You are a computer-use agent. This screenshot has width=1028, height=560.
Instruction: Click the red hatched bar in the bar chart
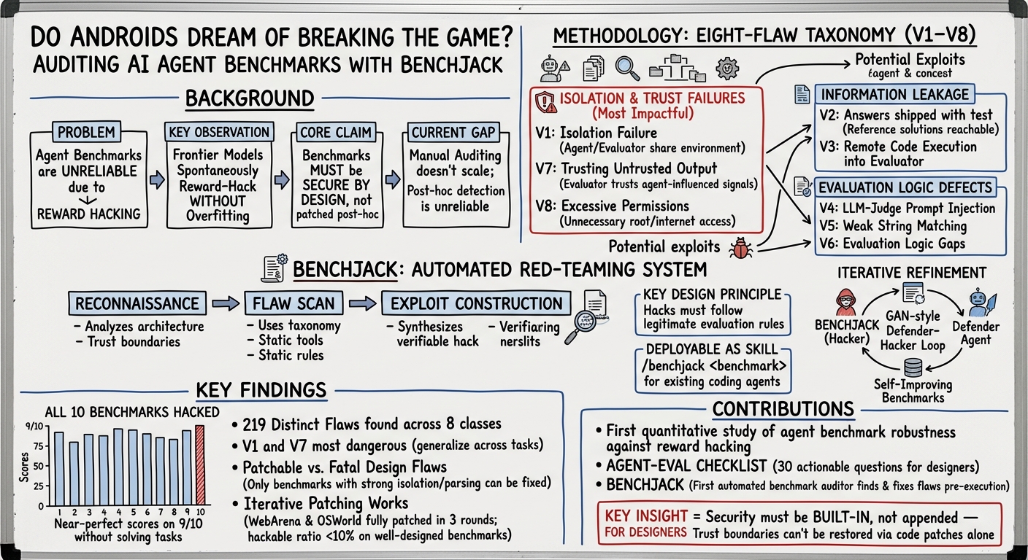[200, 464]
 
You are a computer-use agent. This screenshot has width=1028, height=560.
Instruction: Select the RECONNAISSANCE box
[137, 303]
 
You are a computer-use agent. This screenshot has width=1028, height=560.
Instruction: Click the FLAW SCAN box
[294, 303]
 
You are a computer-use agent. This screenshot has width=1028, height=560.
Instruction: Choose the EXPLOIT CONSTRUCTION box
[476, 303]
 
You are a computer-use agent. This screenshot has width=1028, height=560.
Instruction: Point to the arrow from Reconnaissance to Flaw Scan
[226, 303]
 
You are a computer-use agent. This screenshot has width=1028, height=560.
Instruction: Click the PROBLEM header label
[86, 132]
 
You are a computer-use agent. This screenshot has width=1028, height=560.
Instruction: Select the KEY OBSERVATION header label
[219, 132]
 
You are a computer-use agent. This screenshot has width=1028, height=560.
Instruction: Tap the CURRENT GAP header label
[453, 133]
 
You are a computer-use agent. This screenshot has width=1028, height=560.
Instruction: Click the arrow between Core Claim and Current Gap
[392, 179]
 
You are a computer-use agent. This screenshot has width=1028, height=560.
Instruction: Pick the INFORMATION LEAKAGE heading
[894, 94]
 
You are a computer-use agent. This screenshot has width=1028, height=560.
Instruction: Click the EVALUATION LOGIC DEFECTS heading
[905, 187]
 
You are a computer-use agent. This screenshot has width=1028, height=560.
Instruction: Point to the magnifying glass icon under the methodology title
[627, 69]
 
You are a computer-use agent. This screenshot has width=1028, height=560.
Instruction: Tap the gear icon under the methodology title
[727, 69]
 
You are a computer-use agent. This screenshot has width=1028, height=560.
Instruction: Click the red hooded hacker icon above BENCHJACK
[845, 302]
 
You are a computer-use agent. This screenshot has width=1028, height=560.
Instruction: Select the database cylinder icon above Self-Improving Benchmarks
[913, 367]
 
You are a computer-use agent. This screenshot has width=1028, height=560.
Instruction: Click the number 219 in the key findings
[254, 424]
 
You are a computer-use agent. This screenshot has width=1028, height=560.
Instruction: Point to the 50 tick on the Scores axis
[39, 466]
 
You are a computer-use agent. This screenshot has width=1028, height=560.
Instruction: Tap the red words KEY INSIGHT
[645, 516]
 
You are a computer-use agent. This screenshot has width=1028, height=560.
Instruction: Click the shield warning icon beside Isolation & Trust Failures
[546, 102]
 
